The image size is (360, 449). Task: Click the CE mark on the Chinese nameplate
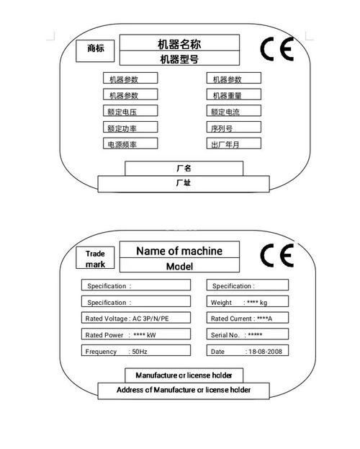276,49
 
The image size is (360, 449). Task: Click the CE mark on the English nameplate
276,255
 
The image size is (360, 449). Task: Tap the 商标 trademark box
95,50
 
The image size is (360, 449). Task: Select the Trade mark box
95,258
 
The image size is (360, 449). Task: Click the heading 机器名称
179,44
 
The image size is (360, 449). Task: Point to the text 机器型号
179,59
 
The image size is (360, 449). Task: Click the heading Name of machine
179,251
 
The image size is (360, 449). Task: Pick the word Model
179,267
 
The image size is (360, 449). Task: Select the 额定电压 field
130,111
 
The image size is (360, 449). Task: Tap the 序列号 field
234,127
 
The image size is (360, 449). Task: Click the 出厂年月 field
234,143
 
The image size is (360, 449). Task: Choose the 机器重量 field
234,94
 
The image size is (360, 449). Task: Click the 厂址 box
184,184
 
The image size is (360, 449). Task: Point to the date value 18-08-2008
265,352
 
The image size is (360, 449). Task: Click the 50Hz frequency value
140,352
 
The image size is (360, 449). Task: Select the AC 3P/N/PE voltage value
150,319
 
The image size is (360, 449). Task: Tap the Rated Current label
231,319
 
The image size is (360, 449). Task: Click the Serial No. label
225,335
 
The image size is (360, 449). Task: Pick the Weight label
221,303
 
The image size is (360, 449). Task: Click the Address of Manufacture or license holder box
184,390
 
